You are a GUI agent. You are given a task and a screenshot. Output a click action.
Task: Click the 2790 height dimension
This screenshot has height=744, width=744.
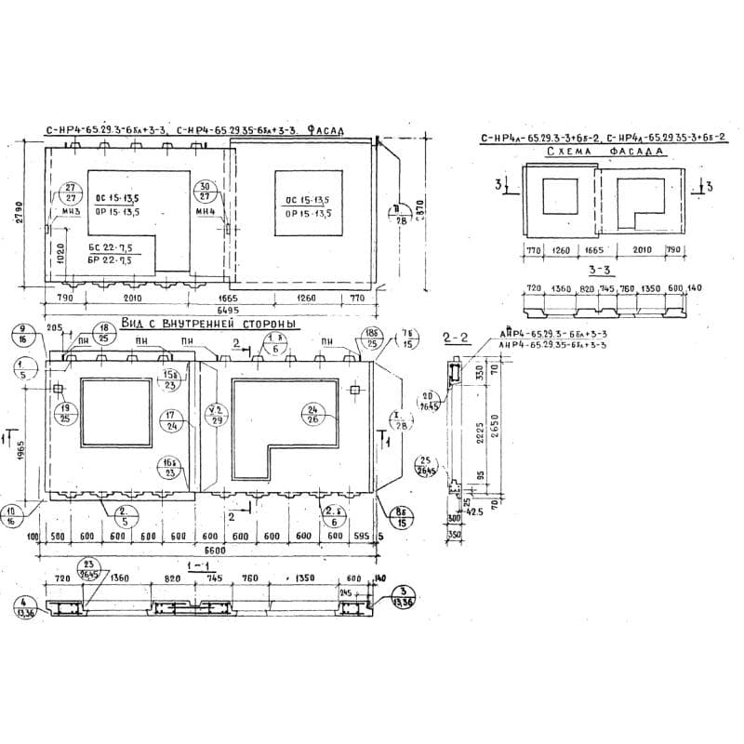pos(18,215)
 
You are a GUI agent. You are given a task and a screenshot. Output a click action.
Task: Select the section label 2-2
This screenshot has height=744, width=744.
pos(456,339)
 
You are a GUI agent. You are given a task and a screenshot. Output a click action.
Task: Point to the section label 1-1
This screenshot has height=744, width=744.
pos(195,565)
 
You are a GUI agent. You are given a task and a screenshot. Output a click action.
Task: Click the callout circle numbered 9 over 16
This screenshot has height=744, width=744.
pos(21,334)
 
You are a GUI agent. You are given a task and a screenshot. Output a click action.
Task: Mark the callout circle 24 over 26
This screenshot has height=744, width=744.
pos(312,413)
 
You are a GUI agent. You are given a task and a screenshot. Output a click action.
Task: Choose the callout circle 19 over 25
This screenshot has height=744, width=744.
pos(64,412)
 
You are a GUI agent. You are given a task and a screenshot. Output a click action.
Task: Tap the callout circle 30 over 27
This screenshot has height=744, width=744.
pos(206,193)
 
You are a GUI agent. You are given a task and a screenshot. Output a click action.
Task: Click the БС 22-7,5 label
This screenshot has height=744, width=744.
pos(111,247)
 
